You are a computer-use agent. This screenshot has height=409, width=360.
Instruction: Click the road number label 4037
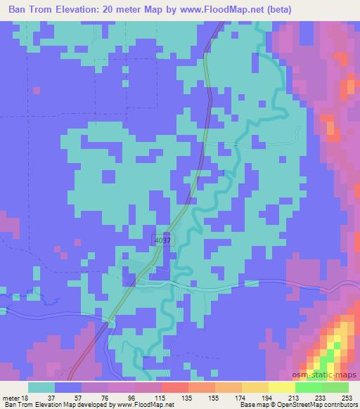[161, 240]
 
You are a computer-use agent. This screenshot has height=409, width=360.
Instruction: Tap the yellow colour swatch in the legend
[281, 387]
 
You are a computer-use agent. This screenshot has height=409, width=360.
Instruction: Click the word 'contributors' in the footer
[341, 405]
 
